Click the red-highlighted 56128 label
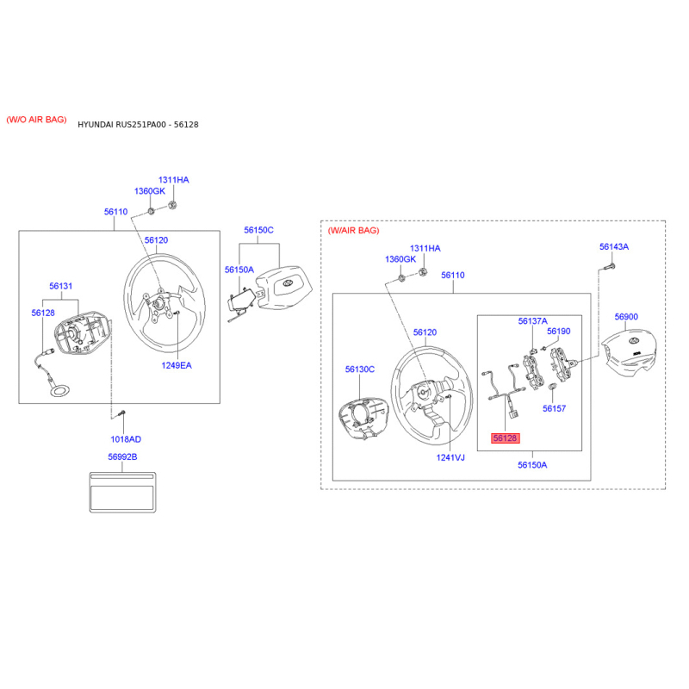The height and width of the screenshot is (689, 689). click(x=505, y=438)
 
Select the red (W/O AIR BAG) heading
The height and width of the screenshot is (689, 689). click(x=36, y=120)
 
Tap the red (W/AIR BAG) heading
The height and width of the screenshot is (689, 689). click(x=353, y=230)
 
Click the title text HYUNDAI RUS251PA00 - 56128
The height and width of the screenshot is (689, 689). click(x=138, y=125)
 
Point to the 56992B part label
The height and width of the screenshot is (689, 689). click(x=122, y=457)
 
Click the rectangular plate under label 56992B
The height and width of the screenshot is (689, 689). click(x=122, y=492)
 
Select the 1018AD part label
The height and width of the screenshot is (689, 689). click(x=126, y=439)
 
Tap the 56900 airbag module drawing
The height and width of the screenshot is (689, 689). click(x=629, y=352)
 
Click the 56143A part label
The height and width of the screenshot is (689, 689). click(x=614, y=247)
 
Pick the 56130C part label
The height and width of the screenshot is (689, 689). click(x=360, y=369)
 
